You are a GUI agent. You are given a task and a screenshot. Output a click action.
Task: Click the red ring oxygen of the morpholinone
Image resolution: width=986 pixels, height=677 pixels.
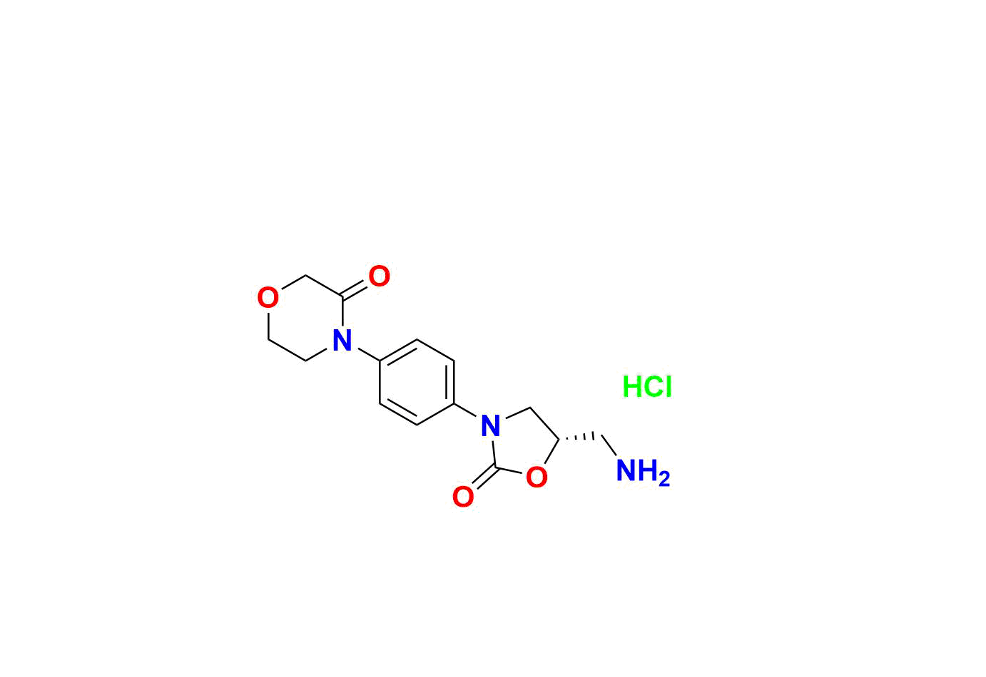tap(268, 297)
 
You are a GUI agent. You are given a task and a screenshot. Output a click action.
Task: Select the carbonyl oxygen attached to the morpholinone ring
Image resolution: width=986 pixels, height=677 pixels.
tap(379, 276)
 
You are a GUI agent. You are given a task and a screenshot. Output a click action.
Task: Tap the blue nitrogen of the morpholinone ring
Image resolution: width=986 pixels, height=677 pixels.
tap(342, 341)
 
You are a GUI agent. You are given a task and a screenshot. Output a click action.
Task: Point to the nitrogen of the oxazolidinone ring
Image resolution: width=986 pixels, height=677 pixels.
tap(490, 425)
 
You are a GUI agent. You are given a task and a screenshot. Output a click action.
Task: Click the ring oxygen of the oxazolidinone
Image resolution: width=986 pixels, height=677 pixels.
tap(537, 477)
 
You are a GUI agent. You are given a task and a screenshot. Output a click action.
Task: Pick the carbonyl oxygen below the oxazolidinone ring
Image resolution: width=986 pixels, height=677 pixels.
tap(463, 497)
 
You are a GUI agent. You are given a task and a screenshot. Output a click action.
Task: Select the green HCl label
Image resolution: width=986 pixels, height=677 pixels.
tap(647, 387)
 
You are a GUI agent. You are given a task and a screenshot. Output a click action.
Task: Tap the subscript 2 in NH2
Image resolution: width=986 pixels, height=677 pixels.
tap(664, 479)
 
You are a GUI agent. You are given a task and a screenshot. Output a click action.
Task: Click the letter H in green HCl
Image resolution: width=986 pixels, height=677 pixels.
tap(632, 387)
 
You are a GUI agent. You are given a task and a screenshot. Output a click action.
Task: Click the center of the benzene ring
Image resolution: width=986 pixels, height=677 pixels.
tap(417, 383)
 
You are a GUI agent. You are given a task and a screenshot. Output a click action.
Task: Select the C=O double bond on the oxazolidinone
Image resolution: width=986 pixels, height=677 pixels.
tap(484, 477)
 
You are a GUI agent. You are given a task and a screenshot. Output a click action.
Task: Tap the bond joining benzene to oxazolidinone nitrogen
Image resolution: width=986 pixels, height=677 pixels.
tap(465, 410)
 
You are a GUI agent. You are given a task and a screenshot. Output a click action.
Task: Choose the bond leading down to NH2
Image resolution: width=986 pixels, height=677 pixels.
tap(609, 446)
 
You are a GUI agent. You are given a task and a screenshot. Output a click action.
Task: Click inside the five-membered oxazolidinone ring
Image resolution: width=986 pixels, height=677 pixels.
tap(523, 444)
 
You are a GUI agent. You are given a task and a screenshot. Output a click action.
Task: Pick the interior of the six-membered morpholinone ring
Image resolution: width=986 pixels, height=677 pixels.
tap(305, 319)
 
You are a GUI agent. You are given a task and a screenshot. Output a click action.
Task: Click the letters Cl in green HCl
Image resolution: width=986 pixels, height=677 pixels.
tap(659, 387)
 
